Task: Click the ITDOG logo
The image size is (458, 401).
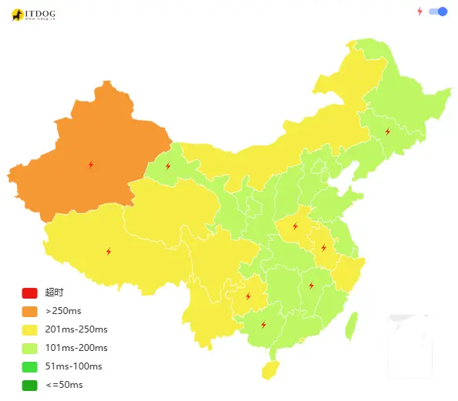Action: (x=33, y=15)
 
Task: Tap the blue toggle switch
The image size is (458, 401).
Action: (x=438, y=12)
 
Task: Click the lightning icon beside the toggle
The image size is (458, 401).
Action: (x=420, y=12)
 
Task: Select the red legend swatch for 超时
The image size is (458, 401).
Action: (x=29, y=292)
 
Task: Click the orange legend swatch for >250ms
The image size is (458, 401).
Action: (x=29, y=311)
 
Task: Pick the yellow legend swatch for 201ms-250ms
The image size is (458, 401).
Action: (x=29, y=329)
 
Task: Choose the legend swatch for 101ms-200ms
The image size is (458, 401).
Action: (x=29, y=348)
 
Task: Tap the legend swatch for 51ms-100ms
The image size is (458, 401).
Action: (x=29, y=366)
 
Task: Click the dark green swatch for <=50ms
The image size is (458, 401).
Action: (x=29, y=385)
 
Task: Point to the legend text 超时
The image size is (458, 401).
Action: (x=54, y=292)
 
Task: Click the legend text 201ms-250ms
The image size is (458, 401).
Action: (x=76, y=329)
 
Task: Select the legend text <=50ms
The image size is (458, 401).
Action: (x=64, y=385)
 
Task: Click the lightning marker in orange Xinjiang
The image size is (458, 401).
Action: (x=91, y=165)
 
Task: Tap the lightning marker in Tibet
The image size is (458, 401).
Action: (x=108, y=252)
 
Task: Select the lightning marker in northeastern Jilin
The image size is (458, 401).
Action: (x=387, y=132)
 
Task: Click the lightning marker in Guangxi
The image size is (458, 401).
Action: (x=264, y=325)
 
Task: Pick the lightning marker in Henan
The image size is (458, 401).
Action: (x=295, y=227)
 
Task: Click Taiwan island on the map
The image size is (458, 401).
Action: (x=351, y=325)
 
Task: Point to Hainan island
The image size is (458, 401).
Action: (x=270, y=371)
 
